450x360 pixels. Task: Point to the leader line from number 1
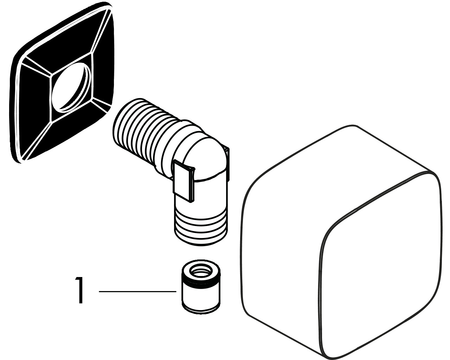[x=137, y=291]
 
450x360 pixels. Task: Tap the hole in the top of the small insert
[x=201, y=271]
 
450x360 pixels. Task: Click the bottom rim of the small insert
[x=201, y=309]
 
